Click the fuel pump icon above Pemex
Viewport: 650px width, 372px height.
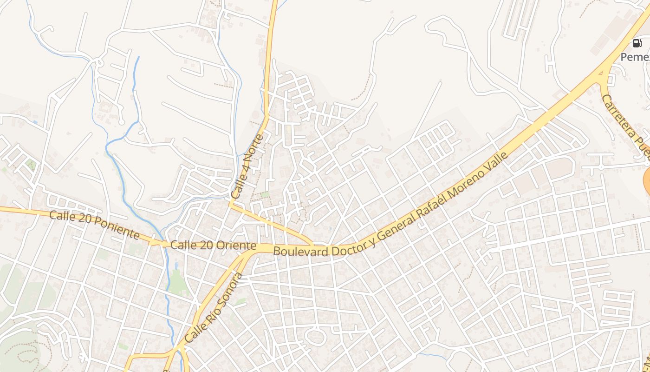coord(637,44)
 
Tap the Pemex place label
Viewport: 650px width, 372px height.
coord(635,57)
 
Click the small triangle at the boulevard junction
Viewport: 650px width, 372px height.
coord(601,73)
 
